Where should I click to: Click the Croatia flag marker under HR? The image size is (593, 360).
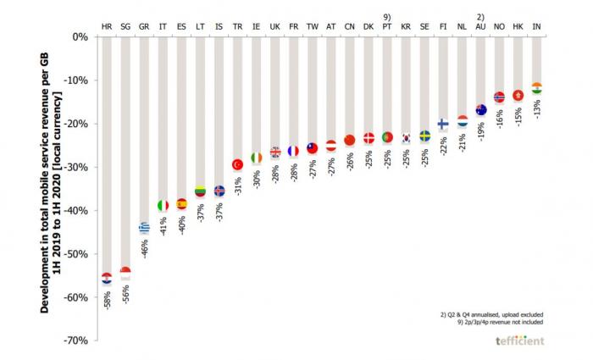(107, 278)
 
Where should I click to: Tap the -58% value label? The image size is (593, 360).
(107, 300)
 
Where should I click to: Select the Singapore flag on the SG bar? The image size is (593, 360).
(125, 273)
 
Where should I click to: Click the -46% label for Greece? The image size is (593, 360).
(145, 248)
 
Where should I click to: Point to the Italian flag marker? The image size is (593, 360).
(163, 205)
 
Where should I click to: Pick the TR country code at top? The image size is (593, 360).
(237, 27)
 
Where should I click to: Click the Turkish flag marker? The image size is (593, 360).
(237, 164)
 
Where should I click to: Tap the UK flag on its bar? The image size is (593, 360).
(274, 152)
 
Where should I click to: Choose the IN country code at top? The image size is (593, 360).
(536, 27)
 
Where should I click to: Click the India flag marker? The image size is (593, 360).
(536, 88)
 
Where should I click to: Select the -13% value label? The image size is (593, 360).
(537, 109)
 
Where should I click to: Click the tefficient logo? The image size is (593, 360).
(520, 341)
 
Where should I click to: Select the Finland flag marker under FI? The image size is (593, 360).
(443, 124)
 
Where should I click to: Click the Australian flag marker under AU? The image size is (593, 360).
(480, 110)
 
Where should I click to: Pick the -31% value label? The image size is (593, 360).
(238, 186)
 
